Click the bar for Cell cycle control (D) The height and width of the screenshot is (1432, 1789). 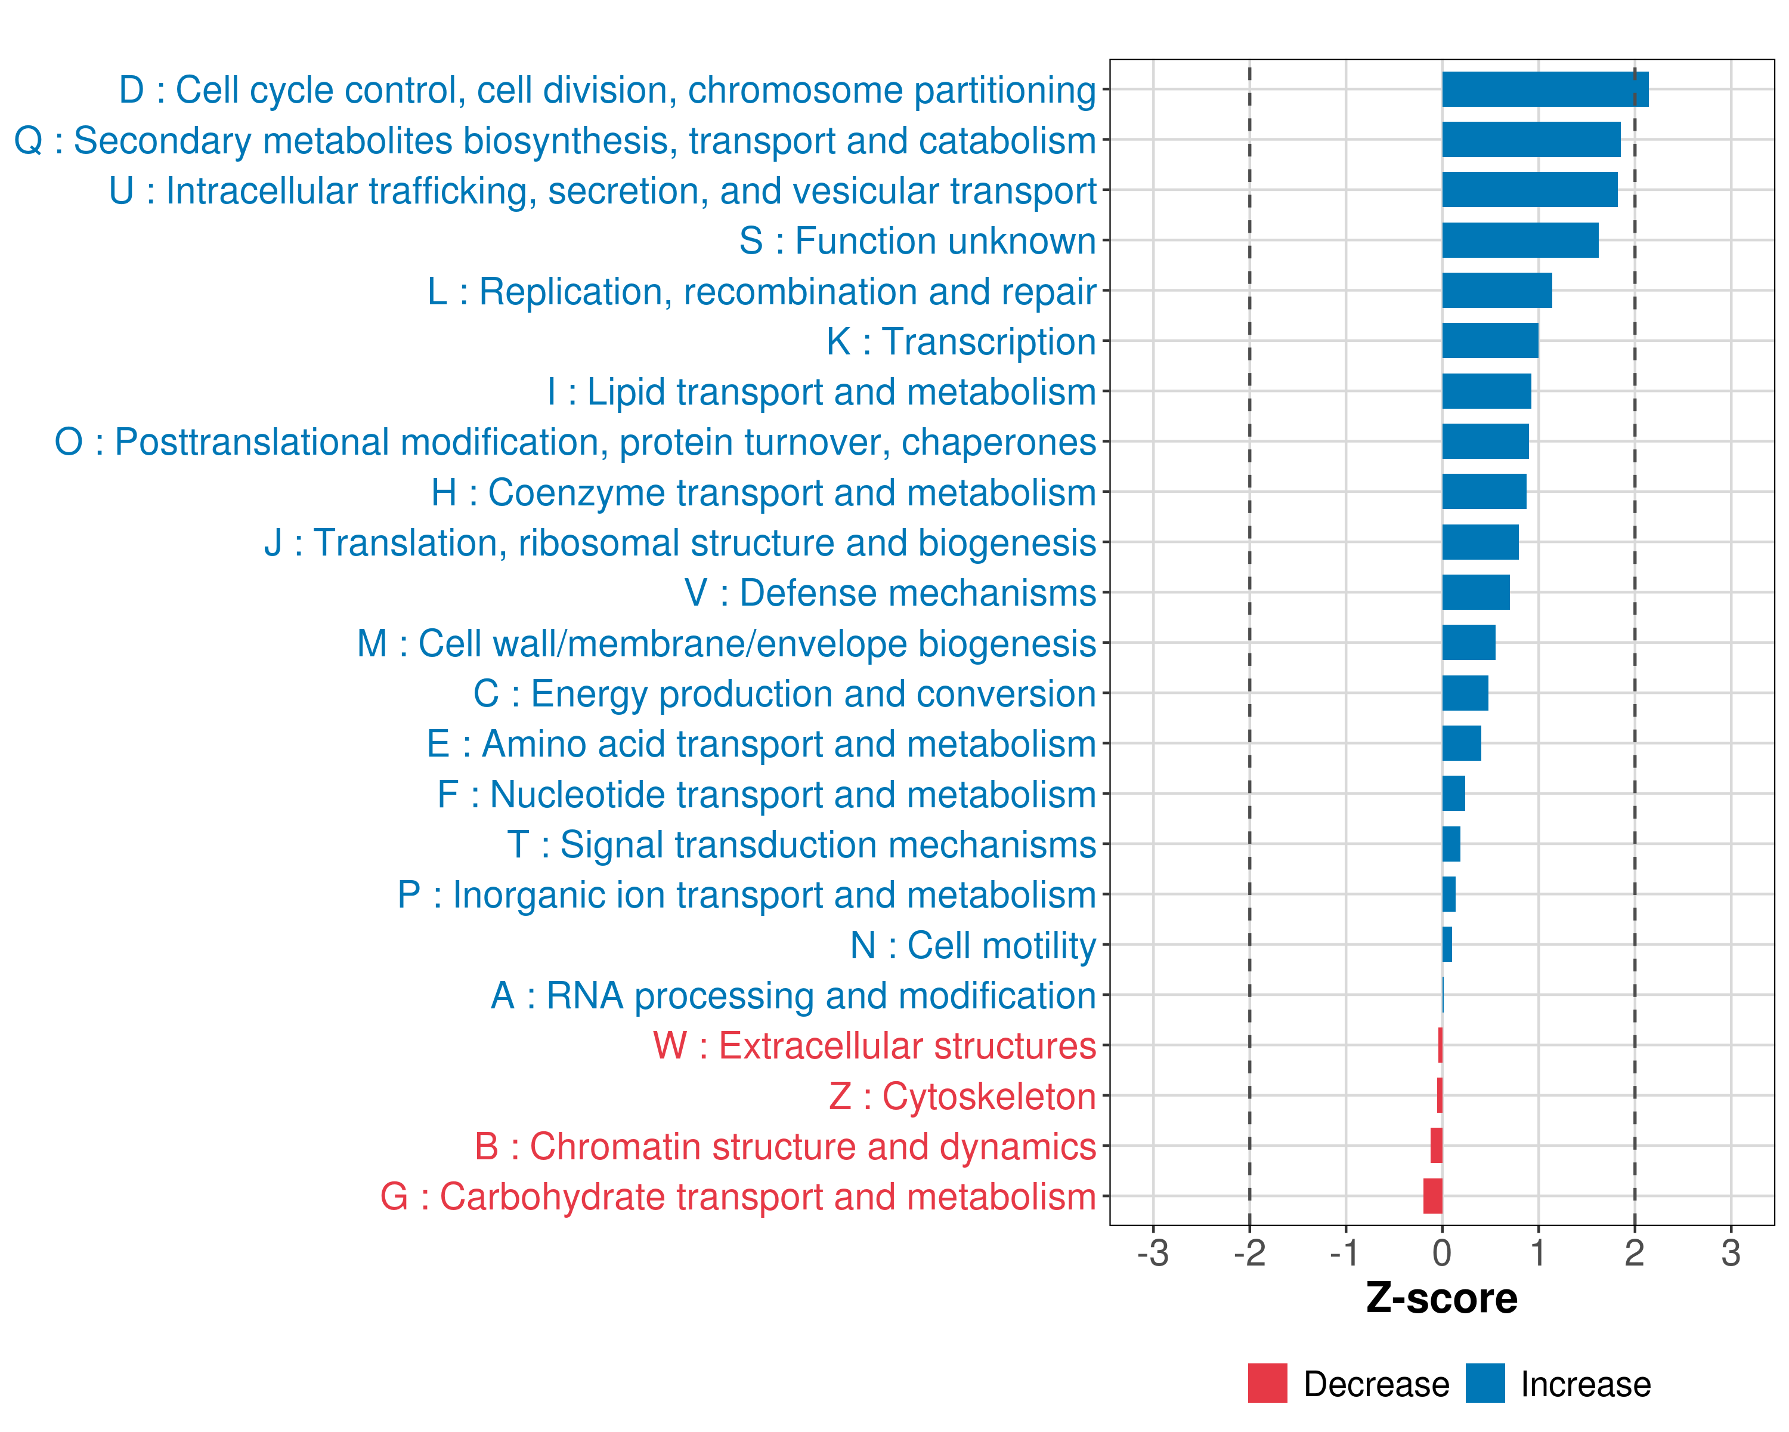(x=1545, y=89)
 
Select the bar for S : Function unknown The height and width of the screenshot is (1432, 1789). (x=1519, y=240)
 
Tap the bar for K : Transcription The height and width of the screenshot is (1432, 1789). (x=1490, y=341)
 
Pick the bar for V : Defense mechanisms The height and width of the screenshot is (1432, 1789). (x=1475, y=592)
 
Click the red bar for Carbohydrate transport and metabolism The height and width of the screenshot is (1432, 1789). (x=1433, y=1196)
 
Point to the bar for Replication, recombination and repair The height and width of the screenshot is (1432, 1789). (x=1496, y=291)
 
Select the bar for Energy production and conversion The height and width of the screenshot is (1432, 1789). (x=1465, y=693)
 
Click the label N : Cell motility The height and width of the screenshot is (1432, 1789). (x=973, y=946)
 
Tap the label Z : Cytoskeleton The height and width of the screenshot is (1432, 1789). (x=962, y=1097)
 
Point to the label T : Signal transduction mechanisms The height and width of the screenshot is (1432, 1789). (x=801, y=845)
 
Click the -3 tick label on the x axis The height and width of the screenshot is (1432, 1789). (x=1153, y=1252)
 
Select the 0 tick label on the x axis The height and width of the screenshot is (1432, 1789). (x=1442, y=1252)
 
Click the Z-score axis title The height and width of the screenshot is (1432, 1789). (x=1441, y=1298)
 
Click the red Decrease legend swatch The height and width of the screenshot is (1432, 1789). (x=1267, y=1383)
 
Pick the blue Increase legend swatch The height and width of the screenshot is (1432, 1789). (x=1484, y=1383)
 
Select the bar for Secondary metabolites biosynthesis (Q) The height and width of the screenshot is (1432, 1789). (x=1531, y=140)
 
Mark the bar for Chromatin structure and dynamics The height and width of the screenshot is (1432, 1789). (x=1437, y=1146)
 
